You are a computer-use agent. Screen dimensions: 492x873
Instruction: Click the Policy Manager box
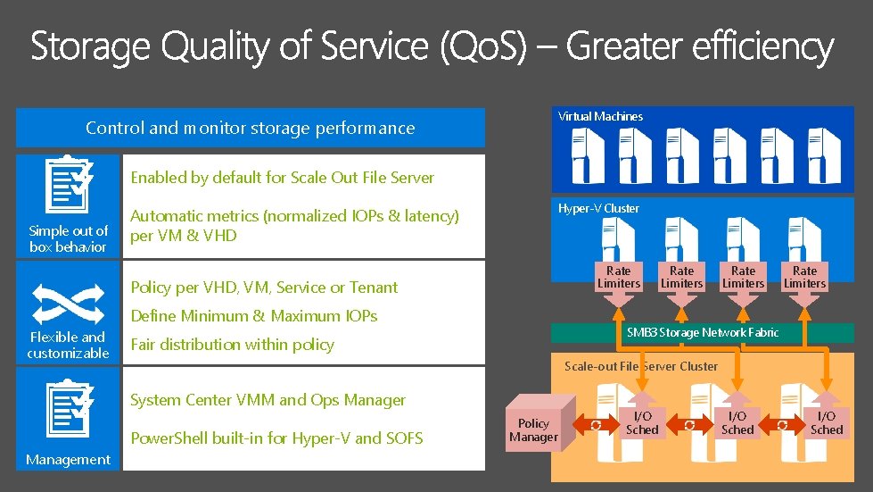click(x=533, y=429)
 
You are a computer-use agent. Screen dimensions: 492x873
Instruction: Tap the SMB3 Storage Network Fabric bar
click(x=702, y=332)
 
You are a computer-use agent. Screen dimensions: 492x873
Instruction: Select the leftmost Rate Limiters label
click(x=618, y=277)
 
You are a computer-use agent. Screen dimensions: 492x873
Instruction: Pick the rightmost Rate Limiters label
click(x=804, y=277)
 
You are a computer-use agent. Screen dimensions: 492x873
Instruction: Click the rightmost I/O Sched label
click(x=826, y=422)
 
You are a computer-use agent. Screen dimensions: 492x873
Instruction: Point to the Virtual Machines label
click(x=600, y=116)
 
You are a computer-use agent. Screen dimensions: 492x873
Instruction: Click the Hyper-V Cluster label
click(x=598, y=208)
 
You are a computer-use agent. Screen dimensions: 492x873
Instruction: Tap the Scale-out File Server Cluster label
click(x=640, y=366)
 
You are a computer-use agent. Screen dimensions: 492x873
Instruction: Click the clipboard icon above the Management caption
click(x=68, y=410)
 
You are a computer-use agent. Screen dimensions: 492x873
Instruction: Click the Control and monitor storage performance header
click(x=251, y=128)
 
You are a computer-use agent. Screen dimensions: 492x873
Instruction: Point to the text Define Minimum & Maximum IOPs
click(x=254, y=315)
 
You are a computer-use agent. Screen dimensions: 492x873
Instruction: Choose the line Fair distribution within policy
click(x=232, y=344)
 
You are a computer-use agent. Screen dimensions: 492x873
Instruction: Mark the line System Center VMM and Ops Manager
click(x=268, y=400)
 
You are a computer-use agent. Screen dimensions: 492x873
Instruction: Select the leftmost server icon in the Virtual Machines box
click(x=589, y=150)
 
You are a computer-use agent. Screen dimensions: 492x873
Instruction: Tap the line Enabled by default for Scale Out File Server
click(x=282, y=177)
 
